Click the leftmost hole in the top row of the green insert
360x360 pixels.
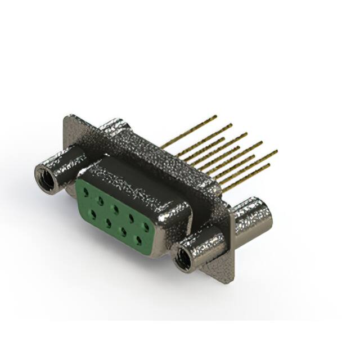(86, 192)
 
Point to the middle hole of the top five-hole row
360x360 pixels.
(115, 209)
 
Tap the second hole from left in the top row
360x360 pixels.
(100, 200)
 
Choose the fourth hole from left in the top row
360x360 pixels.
(131, 218)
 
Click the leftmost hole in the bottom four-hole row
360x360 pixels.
(92, 214)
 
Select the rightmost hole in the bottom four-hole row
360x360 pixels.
(138, 240)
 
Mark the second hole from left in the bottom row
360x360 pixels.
(107, 223)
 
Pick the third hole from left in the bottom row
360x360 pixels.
(123, 231)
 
